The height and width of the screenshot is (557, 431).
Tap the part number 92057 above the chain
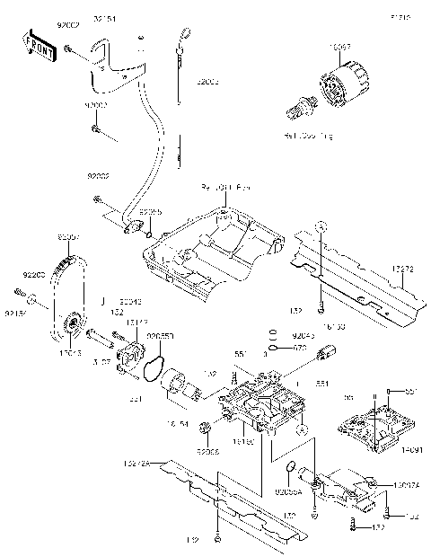[70, 237]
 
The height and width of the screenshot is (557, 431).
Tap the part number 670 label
[303, 348]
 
